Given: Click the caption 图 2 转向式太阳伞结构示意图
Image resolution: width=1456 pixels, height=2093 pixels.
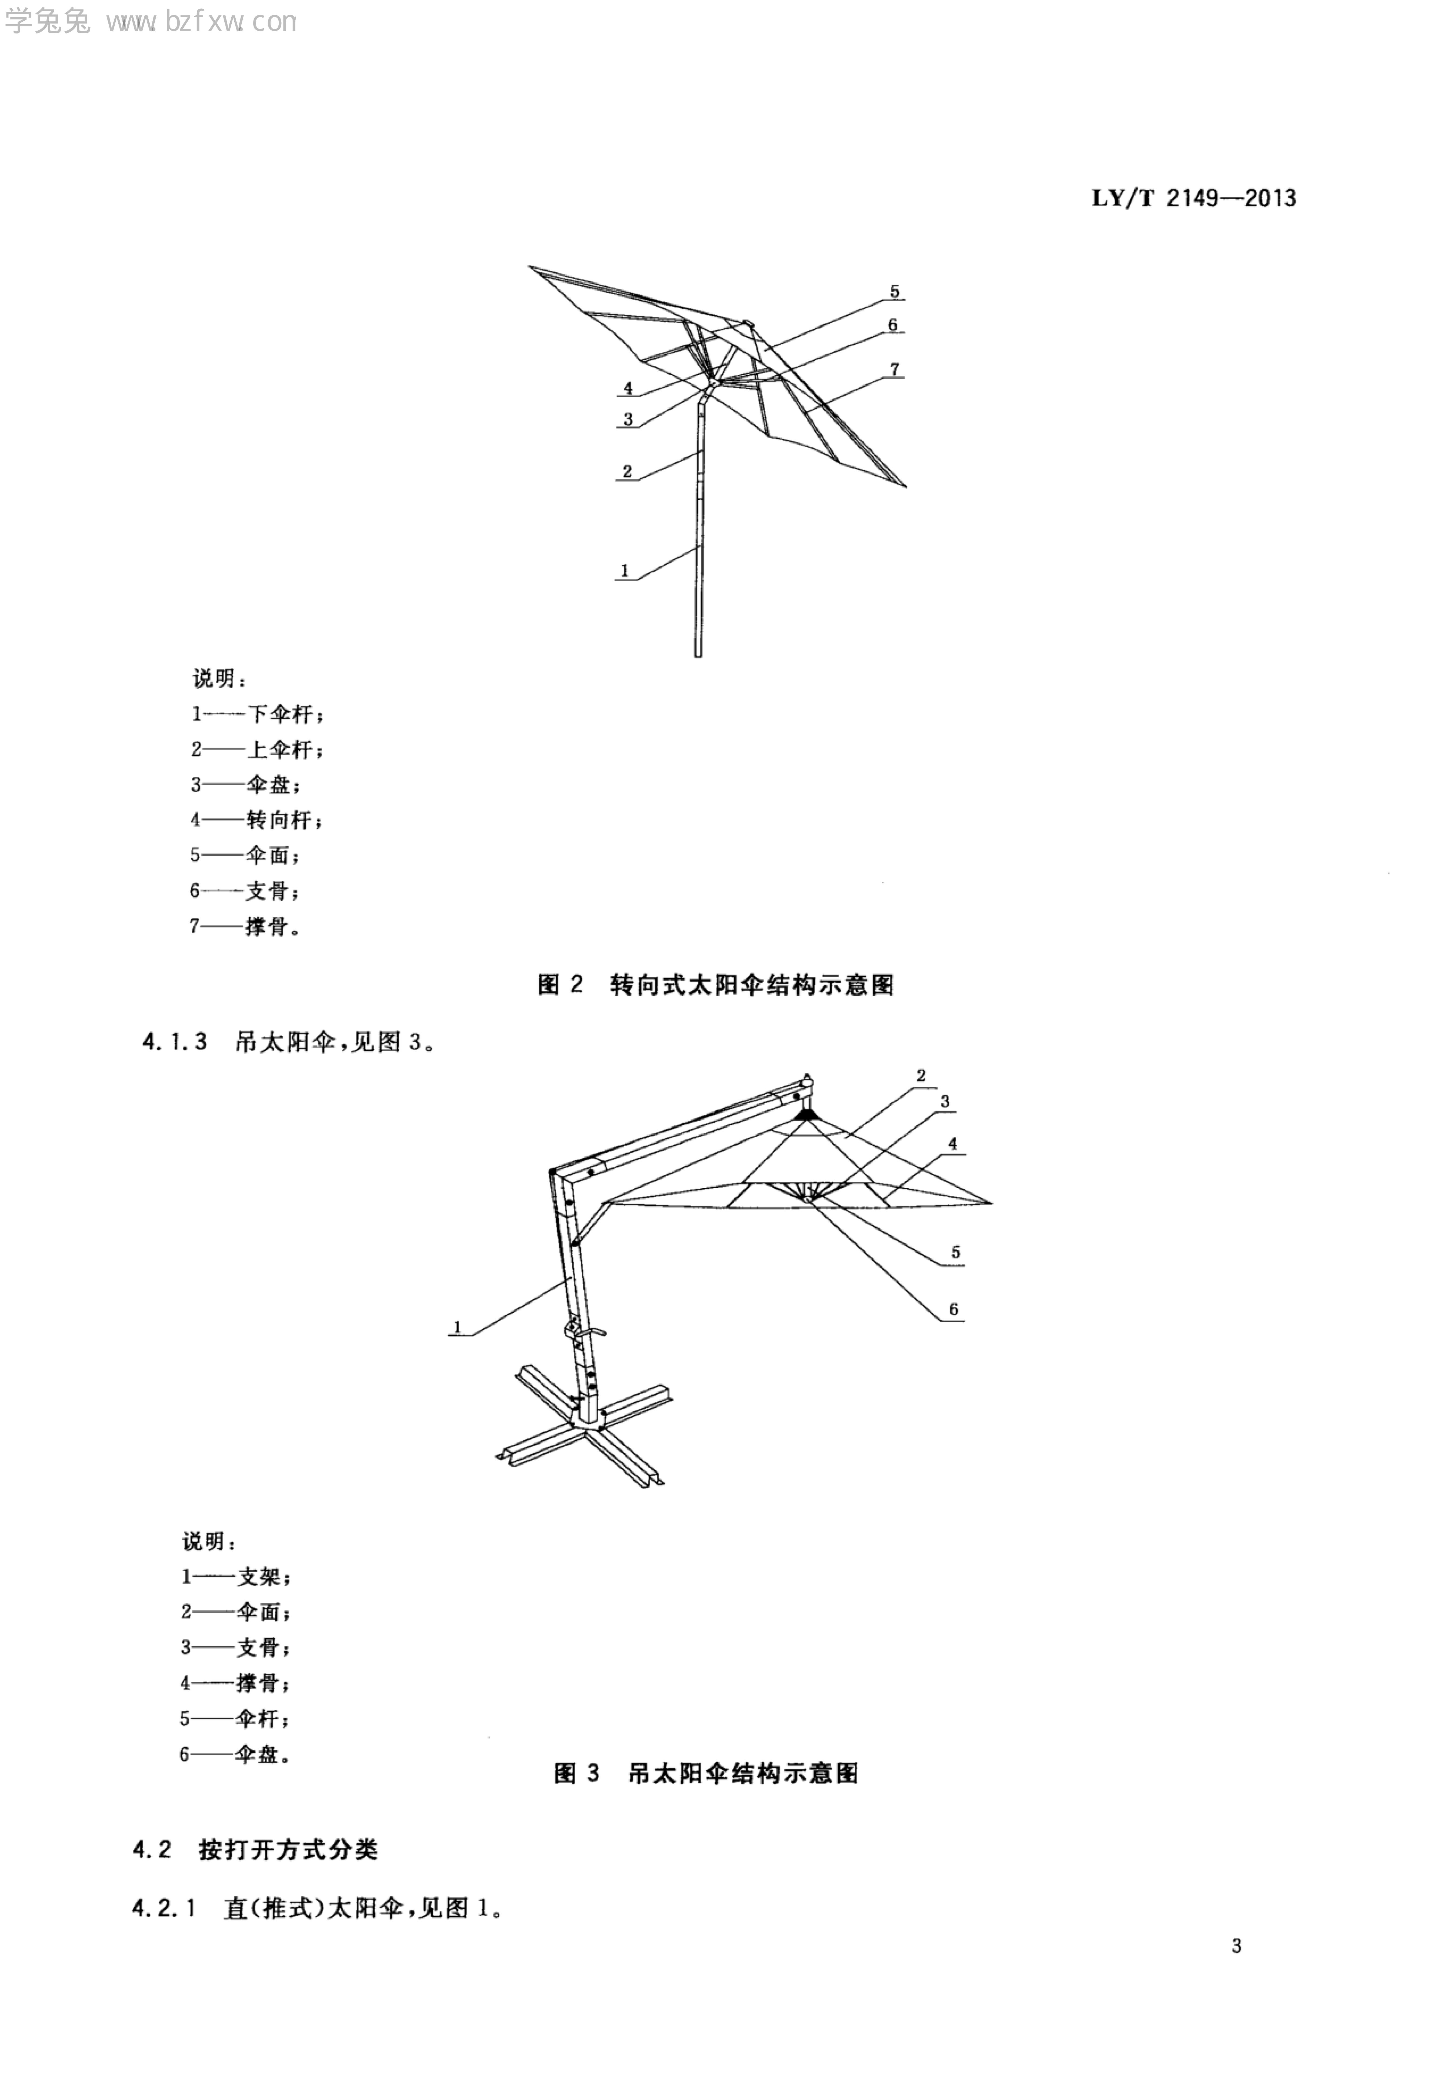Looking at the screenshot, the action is click(x=716, y=985).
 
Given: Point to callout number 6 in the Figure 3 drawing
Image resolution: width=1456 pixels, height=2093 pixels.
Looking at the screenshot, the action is click(x=954, y=1309).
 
